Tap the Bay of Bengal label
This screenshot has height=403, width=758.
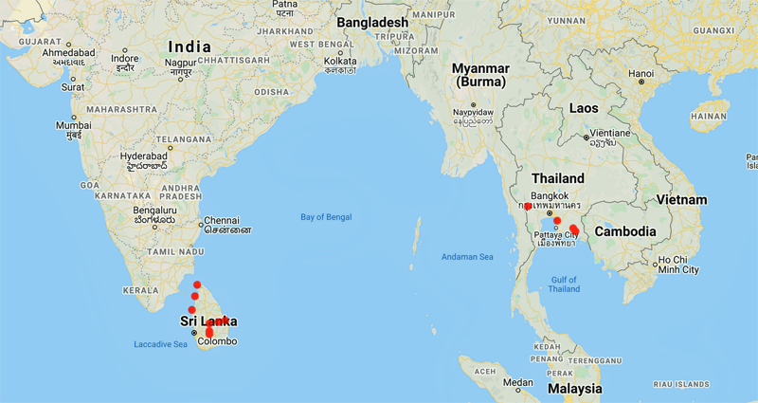tap(325, 217)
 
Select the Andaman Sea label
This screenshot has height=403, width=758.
tap(467, 256)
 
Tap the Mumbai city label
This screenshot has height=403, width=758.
tap(73, 125)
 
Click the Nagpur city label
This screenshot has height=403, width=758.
tap(179, 64)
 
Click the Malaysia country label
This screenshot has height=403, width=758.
tap(573, 389)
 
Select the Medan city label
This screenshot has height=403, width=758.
tap(517, 382)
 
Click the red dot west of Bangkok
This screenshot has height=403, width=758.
tap(527, 206)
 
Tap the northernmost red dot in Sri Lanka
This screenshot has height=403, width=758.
tap(197, 284)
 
